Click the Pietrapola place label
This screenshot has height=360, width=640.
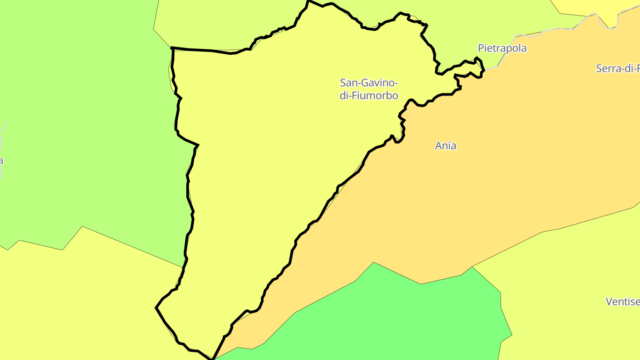point(502,48)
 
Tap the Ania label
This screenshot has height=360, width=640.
point(445,146)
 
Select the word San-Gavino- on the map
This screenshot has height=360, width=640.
point(368,83)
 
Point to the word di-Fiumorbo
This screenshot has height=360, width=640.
point(368,96)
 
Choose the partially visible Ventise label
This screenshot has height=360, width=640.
point(622,302)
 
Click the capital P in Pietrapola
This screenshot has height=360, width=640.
point(481,48)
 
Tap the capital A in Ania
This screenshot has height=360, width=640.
point(438,146)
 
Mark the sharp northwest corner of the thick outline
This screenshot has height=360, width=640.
point(172,48)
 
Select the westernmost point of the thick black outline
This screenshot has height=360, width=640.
point(156,307)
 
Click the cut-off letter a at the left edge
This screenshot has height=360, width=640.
point(1,161)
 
